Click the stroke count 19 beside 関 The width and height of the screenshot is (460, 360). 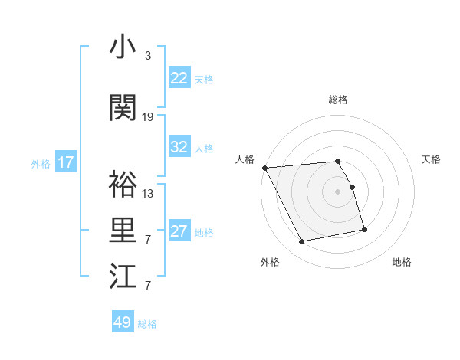[148, 117]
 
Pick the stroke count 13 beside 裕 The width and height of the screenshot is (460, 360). [148, 194]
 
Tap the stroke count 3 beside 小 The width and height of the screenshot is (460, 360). [148, 56]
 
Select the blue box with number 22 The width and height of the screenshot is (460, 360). [179, 78]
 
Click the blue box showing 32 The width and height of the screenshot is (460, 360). [179, 147]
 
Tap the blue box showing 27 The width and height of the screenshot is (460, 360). [179, 231]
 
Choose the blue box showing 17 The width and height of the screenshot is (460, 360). [66, 162]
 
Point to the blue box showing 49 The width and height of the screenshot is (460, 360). [123, 322]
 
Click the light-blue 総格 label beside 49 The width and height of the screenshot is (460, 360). [148, 324]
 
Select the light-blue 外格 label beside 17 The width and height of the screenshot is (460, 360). [41, 163]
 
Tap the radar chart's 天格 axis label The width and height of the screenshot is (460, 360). [432, 159]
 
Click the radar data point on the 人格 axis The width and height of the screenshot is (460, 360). [264, 168]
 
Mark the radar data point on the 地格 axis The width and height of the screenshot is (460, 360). [364, 229]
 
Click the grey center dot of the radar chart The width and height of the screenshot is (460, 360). [337, 191]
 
